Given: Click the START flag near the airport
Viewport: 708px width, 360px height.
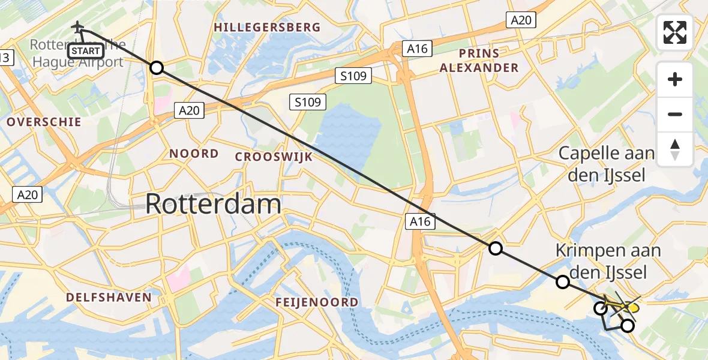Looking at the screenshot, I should (x=86, y=50).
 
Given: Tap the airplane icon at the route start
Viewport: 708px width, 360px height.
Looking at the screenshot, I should (x=77, y=27).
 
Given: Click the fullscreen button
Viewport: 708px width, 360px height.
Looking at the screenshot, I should (x=675, y=32).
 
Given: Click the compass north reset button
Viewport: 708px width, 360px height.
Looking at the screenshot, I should (x=675, y=149).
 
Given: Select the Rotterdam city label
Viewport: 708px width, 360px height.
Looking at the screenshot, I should (x=213, y=205).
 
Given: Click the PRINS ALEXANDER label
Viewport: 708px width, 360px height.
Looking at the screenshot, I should (x=479, y=60).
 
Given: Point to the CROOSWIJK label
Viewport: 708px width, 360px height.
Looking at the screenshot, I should (x=274, y=157).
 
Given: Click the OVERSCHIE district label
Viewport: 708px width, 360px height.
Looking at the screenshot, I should (x=44, y=122).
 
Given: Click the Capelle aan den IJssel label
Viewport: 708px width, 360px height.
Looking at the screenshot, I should (x=606, y=164).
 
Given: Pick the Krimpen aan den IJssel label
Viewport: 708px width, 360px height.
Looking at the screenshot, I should (x=608, y=261).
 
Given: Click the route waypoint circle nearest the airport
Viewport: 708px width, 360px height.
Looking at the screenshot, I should (x=156, y=68).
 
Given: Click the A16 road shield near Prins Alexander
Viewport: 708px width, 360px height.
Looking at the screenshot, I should (x=416, y=49).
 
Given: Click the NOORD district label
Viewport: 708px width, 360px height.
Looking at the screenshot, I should (x=194, y=154).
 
